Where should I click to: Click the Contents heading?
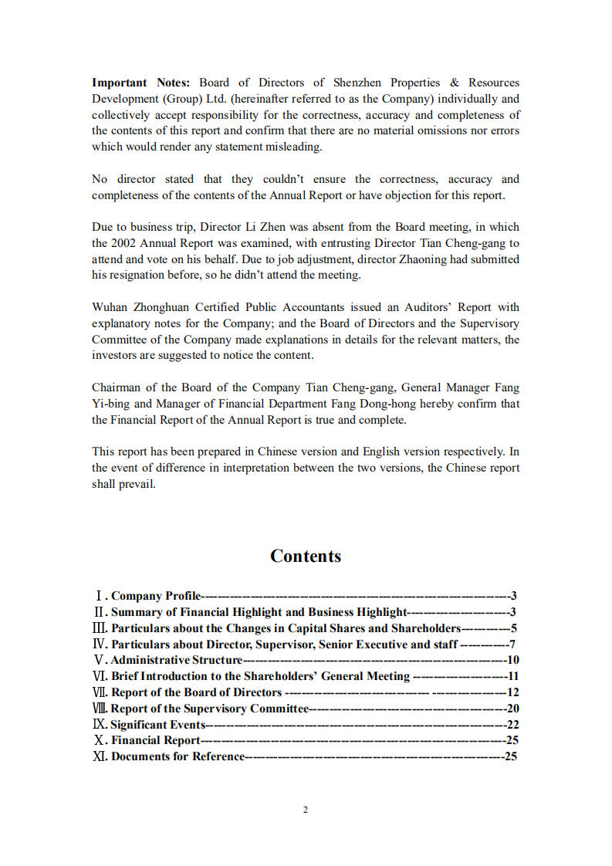tap(306, 556)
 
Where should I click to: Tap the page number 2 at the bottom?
tap(306, 810)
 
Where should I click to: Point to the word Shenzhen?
tap(357, 83)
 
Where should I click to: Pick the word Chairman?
tap(117, 387)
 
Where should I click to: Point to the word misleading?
tap(292, 147)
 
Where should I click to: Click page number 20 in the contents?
tap(512, 709)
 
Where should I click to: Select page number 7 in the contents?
tap(512, 644)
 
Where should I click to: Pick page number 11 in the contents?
tap(512, 676)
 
